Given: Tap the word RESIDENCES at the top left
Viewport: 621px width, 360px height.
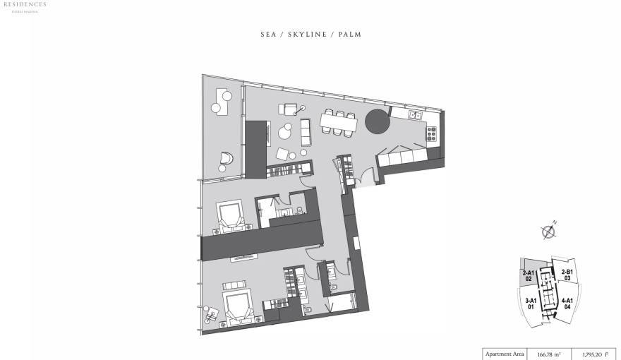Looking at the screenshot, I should (23, 4).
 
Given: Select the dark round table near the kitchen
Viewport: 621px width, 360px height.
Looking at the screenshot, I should (377, 121).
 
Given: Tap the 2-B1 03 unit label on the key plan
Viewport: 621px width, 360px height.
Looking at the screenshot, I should (567, 275).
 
